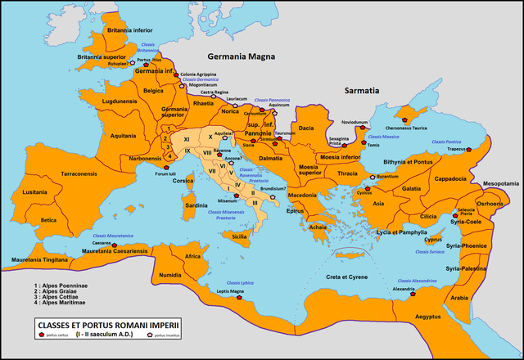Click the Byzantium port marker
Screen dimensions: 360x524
(x=373, y=177)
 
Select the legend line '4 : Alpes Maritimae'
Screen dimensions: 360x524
(x=56, y=304)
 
